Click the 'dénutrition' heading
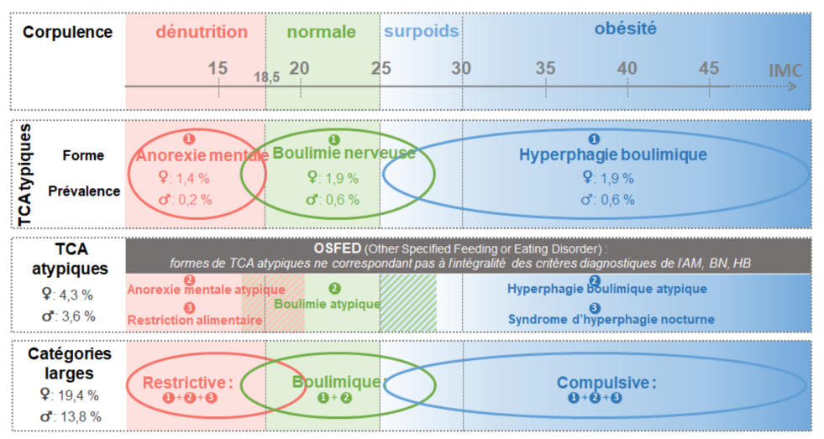tap(202, 32)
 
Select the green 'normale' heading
tap(321, 32)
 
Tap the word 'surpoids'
tap(421, 32)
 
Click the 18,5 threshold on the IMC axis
tap(266, 77)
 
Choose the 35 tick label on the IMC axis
tap(545, 68)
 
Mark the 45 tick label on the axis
tap(709, 68)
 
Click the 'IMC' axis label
tap(785, 71)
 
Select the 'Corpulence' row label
tap(67, 33)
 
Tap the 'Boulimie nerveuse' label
tap(344, 154)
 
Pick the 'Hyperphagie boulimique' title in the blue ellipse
tap(612, 154)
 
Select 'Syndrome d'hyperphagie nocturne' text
tap(611, 319)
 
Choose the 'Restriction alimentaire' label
tap(195, 320)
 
